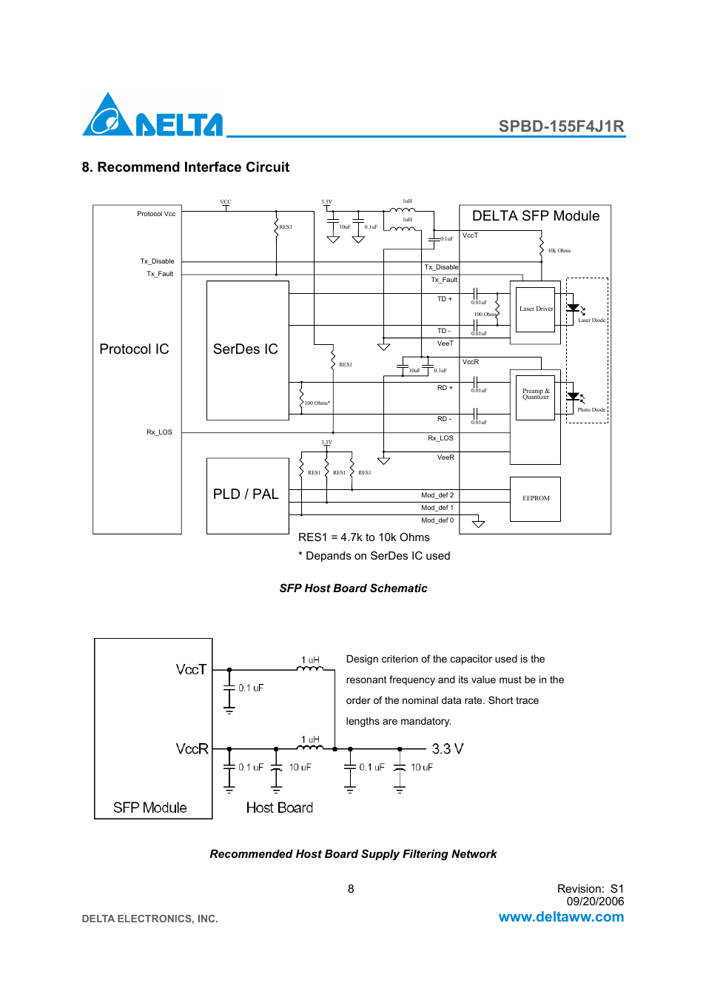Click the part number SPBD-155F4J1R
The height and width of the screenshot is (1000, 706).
(x=561, y=126)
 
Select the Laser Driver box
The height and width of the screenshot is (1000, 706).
(x=536, y=309)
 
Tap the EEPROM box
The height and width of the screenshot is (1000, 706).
(x=536, y=499)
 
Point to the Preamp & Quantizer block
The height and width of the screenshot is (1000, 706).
(x=536, y=395)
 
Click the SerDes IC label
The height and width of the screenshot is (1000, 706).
(x=245, y=349)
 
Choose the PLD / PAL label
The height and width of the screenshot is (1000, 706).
(x=246, y=494)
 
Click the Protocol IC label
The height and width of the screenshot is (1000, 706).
(x=134, y=349)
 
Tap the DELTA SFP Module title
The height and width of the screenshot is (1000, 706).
(x=536, y=216)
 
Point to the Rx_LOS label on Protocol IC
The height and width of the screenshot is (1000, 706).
(x=159, y=432)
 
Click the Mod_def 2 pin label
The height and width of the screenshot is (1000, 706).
(x=437, y=495)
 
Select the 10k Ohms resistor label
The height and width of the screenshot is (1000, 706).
(x=559, y=251)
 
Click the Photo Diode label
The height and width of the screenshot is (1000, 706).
(x=591, y=410)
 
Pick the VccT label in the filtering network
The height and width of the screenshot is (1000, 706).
(x=191, y=670)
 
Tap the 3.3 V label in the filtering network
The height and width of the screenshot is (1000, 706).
(x=448, y=749)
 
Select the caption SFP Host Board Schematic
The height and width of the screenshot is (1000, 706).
(x=353, y=588)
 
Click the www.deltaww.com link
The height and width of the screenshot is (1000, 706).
(x=561, y=917)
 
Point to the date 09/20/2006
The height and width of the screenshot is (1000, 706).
(x=595, y=902)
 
